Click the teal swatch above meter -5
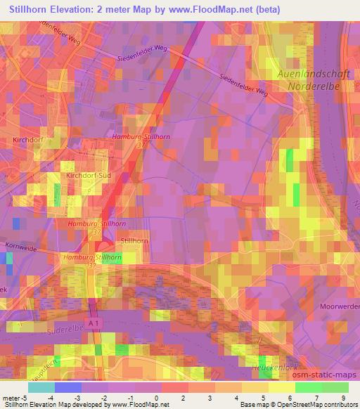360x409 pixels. [x=41, y=387]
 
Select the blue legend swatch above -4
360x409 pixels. [x=68, y=387]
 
